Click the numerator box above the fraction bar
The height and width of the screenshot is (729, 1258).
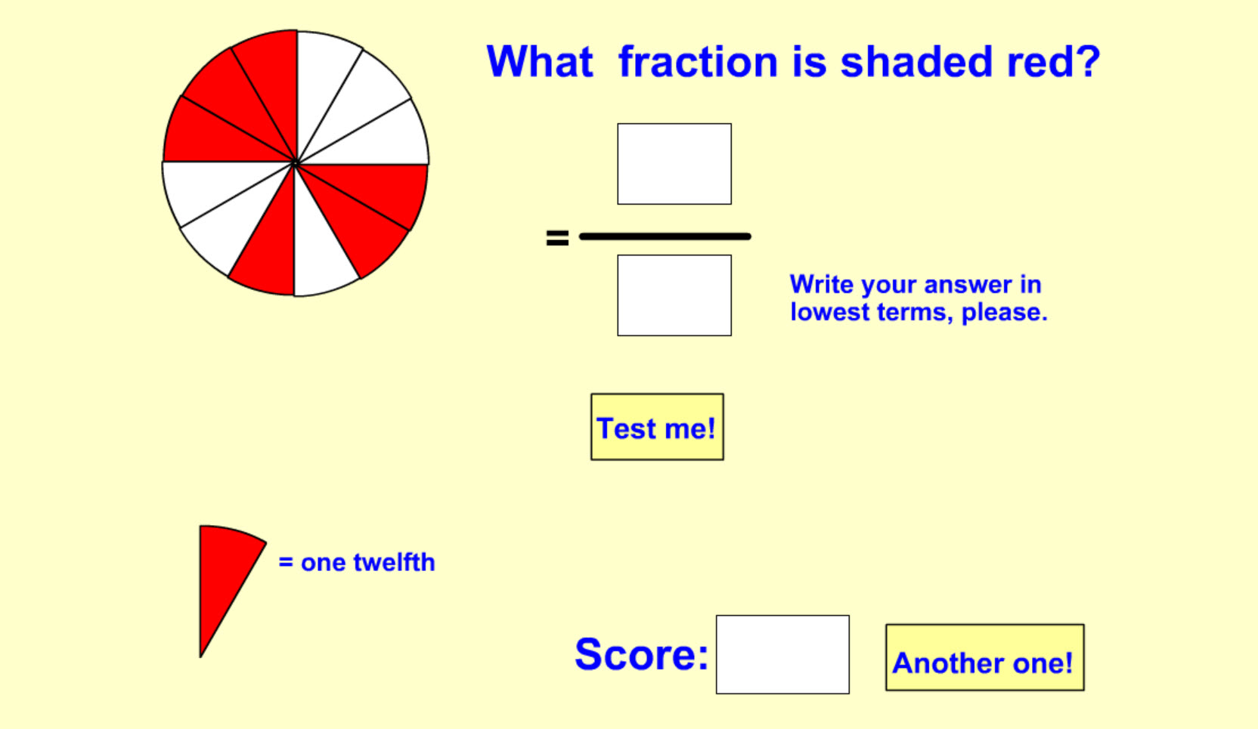(674, 164)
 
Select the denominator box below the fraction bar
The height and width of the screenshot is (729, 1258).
(674, 295)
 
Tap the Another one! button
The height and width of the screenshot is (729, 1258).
(984, 657)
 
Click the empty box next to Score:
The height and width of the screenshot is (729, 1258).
(782, 654)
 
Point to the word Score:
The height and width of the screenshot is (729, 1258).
(641, 654)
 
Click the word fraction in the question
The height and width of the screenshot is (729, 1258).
(698, 61)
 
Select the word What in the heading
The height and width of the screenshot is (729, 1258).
(540, 61)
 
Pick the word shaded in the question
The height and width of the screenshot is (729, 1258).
(916, 61)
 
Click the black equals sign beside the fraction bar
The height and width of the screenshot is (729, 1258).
(557, 237)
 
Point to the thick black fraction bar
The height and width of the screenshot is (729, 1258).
(665, 236)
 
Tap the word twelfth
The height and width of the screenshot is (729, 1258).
(394, 562)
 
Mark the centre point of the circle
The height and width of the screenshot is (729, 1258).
(295, 163)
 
